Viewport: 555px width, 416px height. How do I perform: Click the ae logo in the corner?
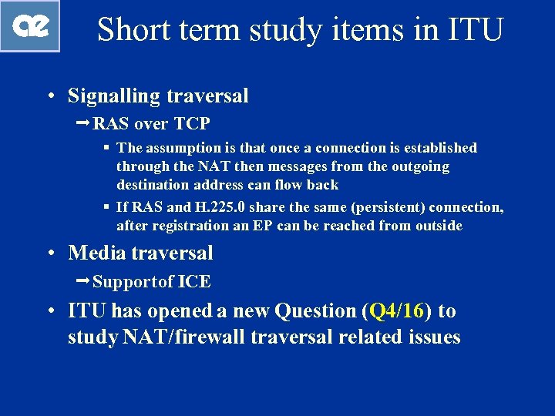pos(30,25)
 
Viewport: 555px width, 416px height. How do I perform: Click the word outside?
pos(436,226)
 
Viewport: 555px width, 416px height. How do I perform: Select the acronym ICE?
pos(194,282)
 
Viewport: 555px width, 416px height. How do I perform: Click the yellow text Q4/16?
pos(397,311)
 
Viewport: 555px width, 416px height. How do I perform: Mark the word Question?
pos(315,311)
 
